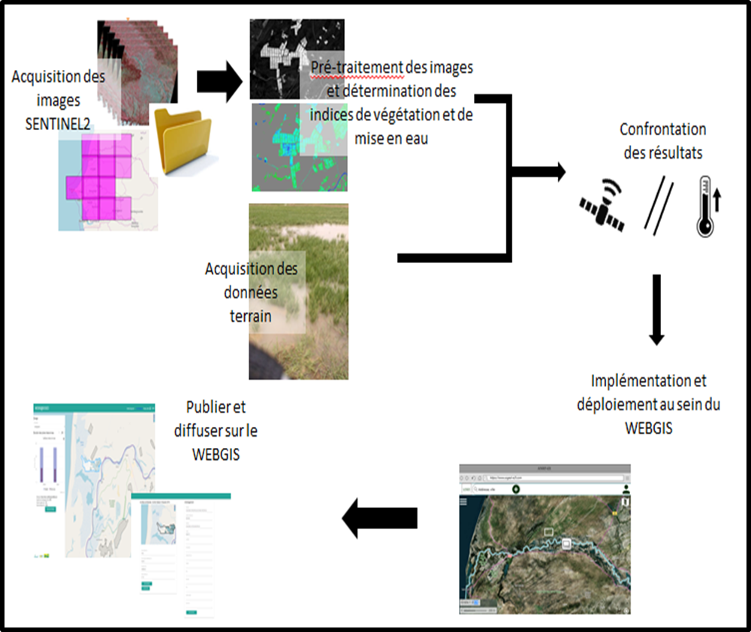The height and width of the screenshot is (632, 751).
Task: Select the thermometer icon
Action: point(704,206)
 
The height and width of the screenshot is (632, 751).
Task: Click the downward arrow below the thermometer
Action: point(656,309)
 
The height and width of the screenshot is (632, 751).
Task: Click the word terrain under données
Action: point(251,316)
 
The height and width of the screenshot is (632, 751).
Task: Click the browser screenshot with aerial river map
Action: point(544,540)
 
